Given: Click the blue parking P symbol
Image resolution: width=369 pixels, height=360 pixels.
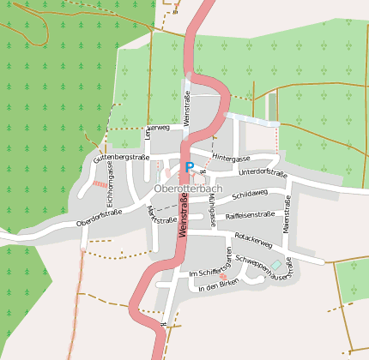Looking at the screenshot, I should [189, 168].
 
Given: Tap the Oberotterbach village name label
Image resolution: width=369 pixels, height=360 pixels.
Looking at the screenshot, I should [188, 188].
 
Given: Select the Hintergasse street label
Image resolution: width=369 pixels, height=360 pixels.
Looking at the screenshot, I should [232, 159].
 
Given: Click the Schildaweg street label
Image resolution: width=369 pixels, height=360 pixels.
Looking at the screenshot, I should [250, 195].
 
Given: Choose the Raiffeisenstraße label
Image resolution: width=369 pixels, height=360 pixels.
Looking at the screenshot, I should [249, 214].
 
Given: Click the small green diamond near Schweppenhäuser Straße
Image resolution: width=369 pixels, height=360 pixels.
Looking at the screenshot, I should [275, 264].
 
